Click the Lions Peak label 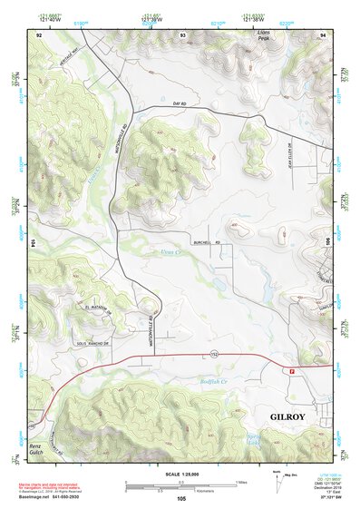[264, 35]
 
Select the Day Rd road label [179, 104]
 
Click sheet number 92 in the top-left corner [40, 34]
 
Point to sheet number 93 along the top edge [183, 34]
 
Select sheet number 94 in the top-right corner [322, 34]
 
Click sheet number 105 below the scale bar [181, 498]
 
